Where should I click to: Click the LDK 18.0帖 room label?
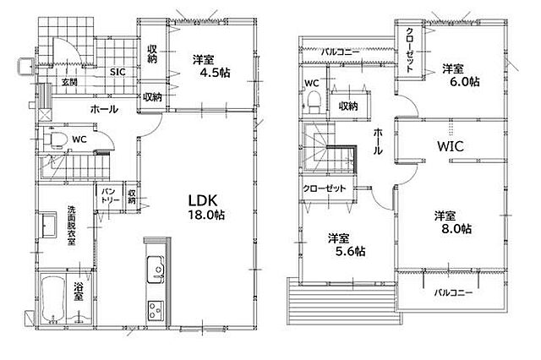pos(206,207)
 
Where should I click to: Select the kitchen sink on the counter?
pos(156,270)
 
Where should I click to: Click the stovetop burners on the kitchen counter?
pos(156,311)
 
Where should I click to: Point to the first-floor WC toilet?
pos(55,139)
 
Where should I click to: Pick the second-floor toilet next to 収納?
pos(314,101)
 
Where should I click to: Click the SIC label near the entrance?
pos(117,72)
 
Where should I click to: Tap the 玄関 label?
pos(69,82)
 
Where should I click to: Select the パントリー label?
pos(110,195)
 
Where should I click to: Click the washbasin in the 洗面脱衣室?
pos(49,225)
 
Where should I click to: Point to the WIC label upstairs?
pos(451,146)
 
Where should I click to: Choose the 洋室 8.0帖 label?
pos(452,222)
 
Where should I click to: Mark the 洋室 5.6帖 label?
pos(347,244)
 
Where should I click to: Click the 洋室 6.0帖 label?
pos(461,75)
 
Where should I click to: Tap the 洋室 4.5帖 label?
pos(211,66)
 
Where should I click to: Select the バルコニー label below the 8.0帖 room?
pos(453,292)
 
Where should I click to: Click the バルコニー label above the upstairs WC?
pos(340,52)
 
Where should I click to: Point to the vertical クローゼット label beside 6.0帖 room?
pos(409,50)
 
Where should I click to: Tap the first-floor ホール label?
pos(104,109)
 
